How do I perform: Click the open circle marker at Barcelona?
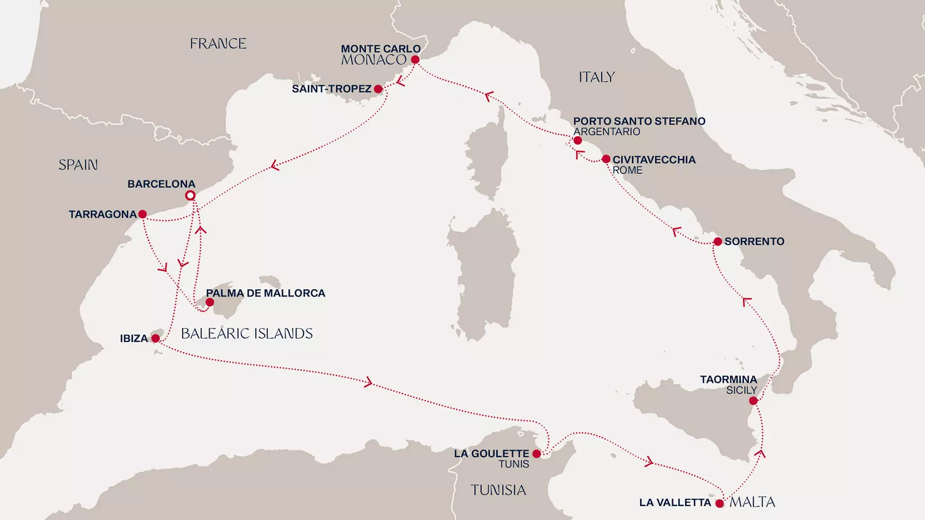(x=190, y=196)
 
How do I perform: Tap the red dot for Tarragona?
(x=142, y=214)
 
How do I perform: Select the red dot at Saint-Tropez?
(x=378, y=89)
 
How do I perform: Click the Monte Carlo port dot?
(x=415, y=60)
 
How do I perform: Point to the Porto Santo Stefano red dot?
(x=578, y=141)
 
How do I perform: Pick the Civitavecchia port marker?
(x=606, y=159)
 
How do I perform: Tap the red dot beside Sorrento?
(x=718, y=242)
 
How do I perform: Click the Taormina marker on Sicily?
(x=753, y=401)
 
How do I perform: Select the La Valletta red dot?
(x=719, y=503)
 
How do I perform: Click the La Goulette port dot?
(x=537, y=454)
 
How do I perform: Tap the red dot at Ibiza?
(x=155, y=339)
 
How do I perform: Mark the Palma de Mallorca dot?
(x=210, y=303)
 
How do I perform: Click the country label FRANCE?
(x=218, y=44)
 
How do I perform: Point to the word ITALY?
(x=596, y=78)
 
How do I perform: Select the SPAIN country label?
(x=78, y=165)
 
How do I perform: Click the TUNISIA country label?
(x=498, y=490)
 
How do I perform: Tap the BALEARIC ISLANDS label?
(x=247, y=334)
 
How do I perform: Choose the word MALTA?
(x=752, y=502)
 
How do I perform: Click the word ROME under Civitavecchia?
(x=627, y=171)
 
